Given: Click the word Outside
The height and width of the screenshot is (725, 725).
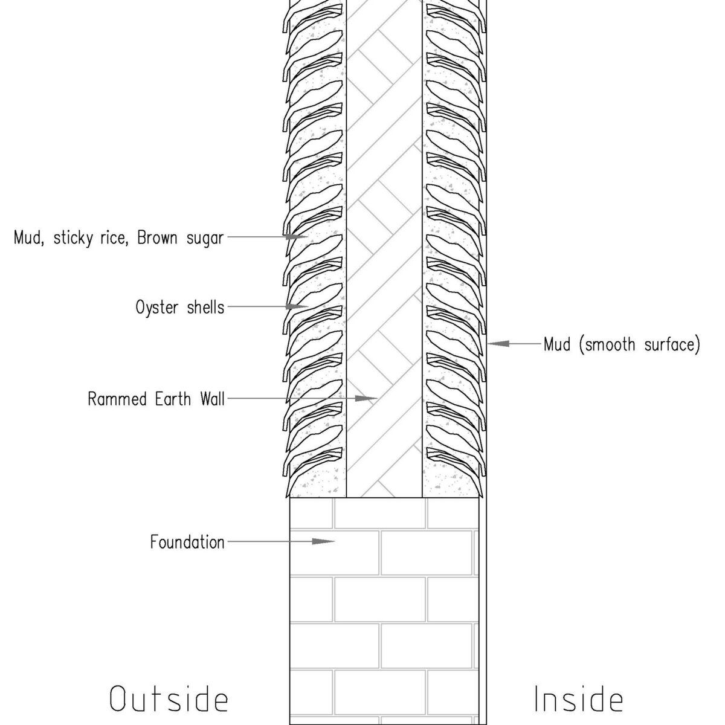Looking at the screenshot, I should click(x=169, y=700).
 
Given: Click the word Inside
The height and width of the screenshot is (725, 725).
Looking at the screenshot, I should click(x=578, y=700).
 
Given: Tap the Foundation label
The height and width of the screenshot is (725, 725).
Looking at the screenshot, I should click(x=187, y=542).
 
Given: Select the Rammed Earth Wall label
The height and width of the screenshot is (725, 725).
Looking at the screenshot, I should click(x=156, y=399).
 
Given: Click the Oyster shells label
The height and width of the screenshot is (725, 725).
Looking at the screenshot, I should click(x=180, y=308).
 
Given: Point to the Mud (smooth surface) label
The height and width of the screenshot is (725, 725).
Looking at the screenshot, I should click(x=622, y=344).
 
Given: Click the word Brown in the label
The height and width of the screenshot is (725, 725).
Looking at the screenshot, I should click(x=157, y=238).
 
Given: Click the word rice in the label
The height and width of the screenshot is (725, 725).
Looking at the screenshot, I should click(x=115, y=238).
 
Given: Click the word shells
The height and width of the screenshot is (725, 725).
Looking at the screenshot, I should click(x=204, y=308).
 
